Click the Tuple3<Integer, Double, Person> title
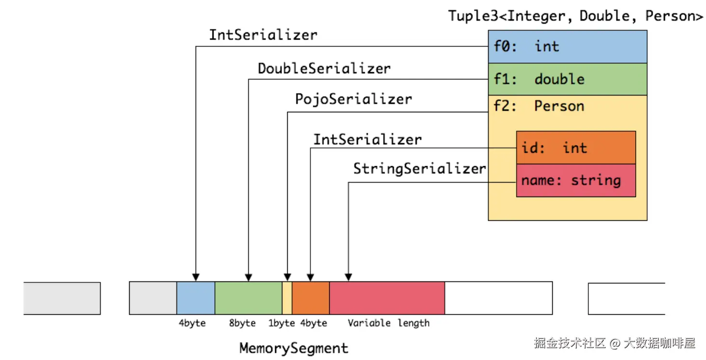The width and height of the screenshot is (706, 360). (x=575, y=16)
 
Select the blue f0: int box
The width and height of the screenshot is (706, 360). (x=567, y=47)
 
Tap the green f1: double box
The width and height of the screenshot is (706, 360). (x=567, y=79)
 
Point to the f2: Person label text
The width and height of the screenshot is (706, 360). (x=538, y=106)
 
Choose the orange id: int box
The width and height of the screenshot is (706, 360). (x=575, y=147)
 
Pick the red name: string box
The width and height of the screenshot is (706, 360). (x=575, y=181)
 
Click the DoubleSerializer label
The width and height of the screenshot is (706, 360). (x=324, y=68)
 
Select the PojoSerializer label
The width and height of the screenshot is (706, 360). (x=353, y=99)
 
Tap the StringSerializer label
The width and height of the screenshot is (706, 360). (x=419, y=169)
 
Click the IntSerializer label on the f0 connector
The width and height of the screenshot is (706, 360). (x=263, y=35)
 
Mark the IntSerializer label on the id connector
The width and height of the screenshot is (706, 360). (x=367, y=140)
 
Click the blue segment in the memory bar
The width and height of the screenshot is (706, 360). (x=196, y=298)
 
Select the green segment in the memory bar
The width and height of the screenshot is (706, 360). (x=248, y=298)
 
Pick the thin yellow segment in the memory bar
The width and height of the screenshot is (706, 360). (x=287, y=298)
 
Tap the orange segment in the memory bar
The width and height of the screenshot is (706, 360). (x=311, y=298)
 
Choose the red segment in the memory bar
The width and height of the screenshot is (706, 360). (x=387, y=298)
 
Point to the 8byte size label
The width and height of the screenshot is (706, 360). (x=242, y=323)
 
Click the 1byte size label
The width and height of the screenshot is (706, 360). (x=281, y=323)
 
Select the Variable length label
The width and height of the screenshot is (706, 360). (x=388, y=323)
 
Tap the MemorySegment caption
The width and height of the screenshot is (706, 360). (x=293, y=348)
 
